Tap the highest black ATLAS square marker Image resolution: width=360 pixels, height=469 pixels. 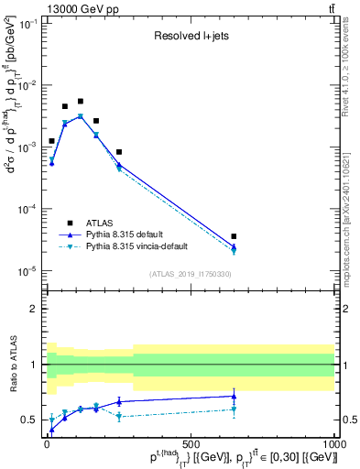pyautogui.click(x=81, y=101)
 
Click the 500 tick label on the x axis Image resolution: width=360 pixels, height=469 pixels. pyautogui.click(x=191, y=443)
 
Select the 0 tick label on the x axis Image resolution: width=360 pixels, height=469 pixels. pyautogui.click(x=47, y=443)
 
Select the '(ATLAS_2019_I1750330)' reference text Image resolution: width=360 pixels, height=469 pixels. pyautogui.click(x=190, y=273)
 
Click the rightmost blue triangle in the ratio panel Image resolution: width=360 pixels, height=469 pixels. pyautogui.click(x=234, y=397)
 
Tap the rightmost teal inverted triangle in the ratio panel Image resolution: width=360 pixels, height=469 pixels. pyautogui.click(x=234, y=409)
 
